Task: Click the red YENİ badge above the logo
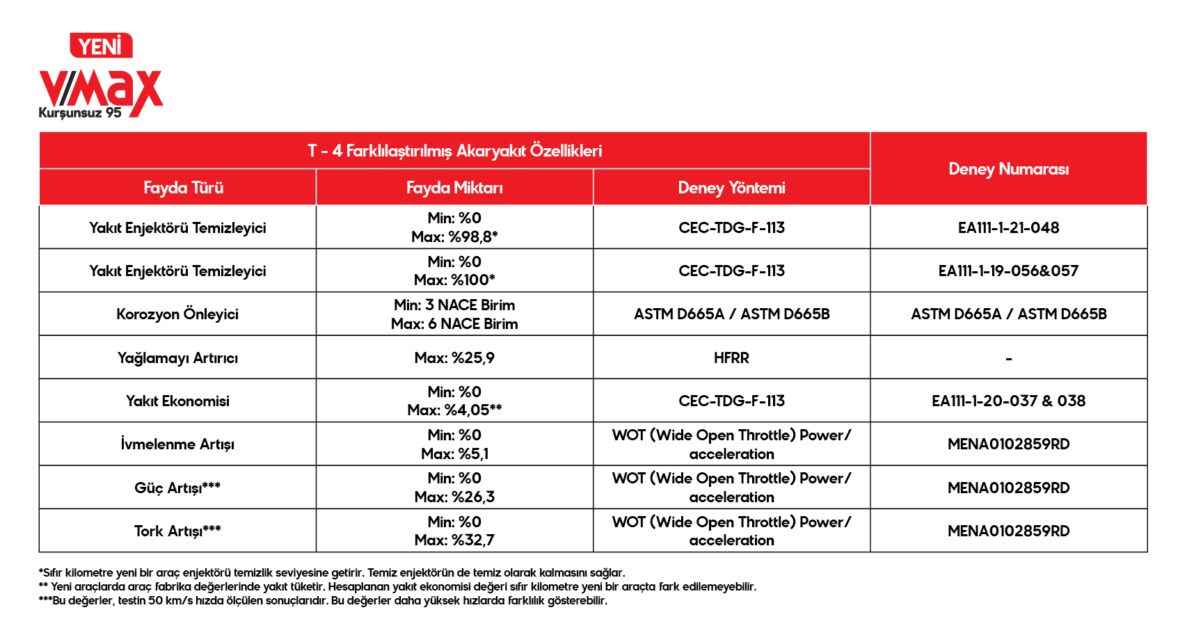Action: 101,46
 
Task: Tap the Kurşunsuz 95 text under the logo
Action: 80,113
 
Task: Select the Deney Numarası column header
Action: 1008,169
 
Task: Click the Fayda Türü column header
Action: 183,188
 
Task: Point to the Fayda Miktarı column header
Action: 454,188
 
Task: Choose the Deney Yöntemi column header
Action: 731,188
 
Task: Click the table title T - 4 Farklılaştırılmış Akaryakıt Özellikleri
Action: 454,151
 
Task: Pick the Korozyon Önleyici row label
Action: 177,314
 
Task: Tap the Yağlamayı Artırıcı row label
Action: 177,358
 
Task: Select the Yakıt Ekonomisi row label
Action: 177,401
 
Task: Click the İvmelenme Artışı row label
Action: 177,444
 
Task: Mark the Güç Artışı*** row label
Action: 177,488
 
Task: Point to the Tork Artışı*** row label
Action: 177,531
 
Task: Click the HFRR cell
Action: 731,358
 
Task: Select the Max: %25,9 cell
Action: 454,358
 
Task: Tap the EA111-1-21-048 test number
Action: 1008,228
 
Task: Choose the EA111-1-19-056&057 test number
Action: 1008,271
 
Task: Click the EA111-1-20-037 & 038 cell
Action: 1008,401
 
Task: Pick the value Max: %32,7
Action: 454,540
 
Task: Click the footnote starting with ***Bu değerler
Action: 323,601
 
